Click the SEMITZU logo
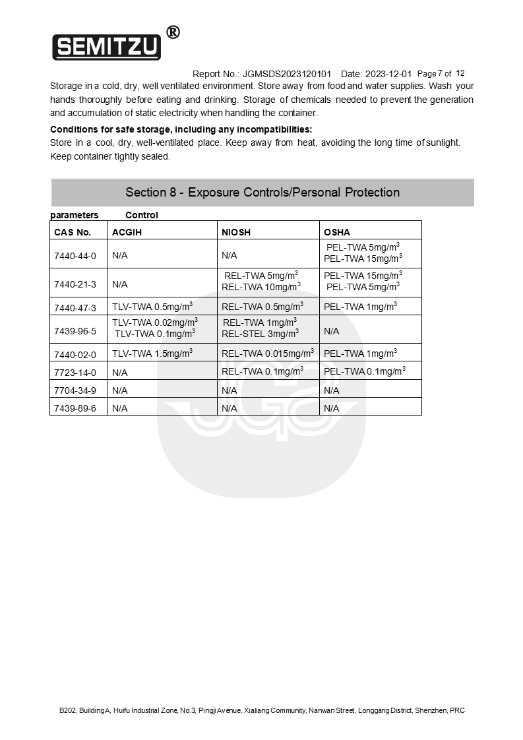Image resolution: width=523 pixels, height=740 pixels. tap(106, 47)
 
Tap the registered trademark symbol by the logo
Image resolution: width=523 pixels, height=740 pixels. tap(173, 32)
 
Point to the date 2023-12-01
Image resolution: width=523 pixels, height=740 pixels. tap(388, 74)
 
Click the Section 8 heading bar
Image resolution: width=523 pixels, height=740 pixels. tap(262, 193)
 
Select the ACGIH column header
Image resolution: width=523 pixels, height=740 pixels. tap(127, 232)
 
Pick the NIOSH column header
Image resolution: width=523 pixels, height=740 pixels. tap(236, 232)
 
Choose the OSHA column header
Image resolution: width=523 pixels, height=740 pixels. tap(337, 232)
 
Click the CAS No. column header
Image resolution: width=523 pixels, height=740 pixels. tap(73, 232)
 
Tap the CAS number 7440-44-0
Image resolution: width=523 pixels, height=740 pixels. tap(75, 256)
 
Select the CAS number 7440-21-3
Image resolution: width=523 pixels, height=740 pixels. tap(75, 284)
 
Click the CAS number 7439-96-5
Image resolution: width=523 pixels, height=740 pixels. tap(75, 331)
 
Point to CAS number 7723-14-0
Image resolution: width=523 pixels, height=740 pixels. tap(75, 373)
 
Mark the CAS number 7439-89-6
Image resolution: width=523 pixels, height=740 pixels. tap(75, 408)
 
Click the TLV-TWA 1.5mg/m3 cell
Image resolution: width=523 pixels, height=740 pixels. tap(152, 354)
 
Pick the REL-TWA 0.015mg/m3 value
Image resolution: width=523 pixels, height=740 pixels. tap(268, 354)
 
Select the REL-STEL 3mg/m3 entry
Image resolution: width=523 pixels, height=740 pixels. tap(260, 334)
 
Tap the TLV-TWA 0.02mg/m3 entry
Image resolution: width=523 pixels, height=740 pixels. tap(155, 323)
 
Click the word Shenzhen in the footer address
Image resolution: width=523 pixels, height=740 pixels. tap(431, 710)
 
